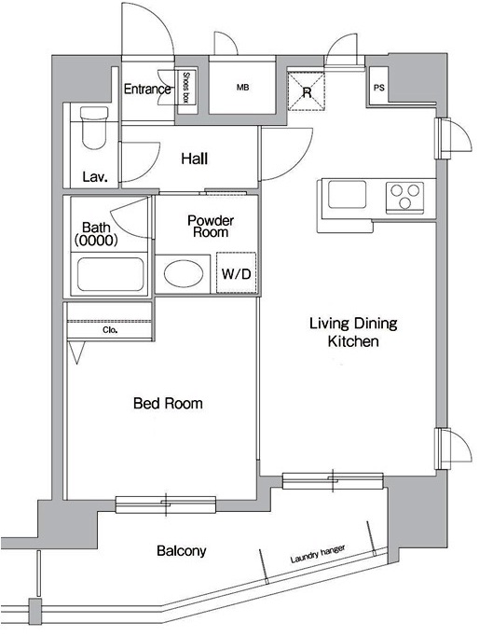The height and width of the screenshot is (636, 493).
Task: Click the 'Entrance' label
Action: (147, 90)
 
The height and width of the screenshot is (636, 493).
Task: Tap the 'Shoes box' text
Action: (186, 89)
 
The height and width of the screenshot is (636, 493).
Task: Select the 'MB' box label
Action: (242, 89)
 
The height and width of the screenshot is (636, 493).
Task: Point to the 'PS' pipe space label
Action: (378, 89)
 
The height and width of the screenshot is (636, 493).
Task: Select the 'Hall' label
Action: (194, 159)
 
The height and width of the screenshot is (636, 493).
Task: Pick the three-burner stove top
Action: (404, 197)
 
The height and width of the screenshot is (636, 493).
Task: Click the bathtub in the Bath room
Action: (110, 275)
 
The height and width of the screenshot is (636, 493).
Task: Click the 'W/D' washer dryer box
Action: (236, 274)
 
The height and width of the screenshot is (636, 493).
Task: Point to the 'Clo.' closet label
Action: (110, 330)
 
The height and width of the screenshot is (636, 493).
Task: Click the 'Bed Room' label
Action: (168, 404)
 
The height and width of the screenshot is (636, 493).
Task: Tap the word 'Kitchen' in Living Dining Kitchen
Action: (352, 342)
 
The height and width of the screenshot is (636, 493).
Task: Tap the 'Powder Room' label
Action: (210, 226)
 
